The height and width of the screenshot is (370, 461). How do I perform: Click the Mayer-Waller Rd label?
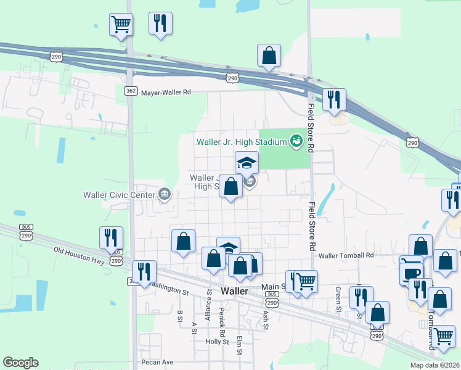[166, 92]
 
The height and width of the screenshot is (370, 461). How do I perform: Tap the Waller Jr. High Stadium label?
[242, 142]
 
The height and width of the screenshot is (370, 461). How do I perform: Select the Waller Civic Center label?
[120, 195]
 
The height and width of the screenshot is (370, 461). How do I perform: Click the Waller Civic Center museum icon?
[165, 195]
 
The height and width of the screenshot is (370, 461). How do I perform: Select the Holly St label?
[218, 342]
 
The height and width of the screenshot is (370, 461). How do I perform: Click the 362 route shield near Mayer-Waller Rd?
[130, 91]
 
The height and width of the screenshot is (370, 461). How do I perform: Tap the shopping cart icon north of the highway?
[121, 25]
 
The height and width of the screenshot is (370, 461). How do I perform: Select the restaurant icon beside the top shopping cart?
[160, 23]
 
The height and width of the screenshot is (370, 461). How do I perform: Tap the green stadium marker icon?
[296, 142]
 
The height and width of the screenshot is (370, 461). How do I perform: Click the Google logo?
[20, 363]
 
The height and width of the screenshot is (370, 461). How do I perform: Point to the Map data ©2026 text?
[435, 365]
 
